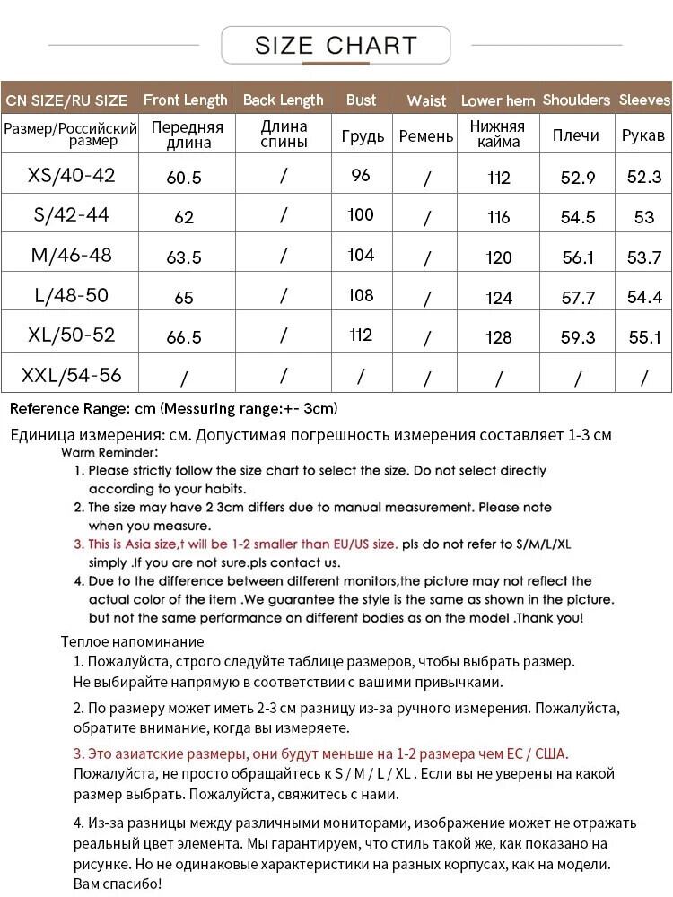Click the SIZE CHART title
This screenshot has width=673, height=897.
pos(336,45)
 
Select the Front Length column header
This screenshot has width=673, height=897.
pos(185,100)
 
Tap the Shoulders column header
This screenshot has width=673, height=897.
pos(576,100)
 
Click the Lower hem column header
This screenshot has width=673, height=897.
pos(498,100)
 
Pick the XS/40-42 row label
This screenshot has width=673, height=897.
pos(72,175)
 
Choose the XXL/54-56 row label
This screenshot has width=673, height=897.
pos(72,375)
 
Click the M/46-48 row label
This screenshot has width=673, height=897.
pos(72,255)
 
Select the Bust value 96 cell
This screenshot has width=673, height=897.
pos(361,175)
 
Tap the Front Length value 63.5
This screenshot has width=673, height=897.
pos(184,257)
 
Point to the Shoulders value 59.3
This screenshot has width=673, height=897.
pos(578,337)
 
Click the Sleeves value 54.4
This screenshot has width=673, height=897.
pos(644,297)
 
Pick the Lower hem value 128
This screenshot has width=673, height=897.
pos(498,337)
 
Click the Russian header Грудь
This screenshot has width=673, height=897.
pos(363,136)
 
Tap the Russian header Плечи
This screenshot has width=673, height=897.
pos(575,135)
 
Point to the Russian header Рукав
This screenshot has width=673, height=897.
pos(643,135)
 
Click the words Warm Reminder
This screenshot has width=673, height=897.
pos(110,453)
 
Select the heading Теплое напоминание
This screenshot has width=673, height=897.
pos(132,641)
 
